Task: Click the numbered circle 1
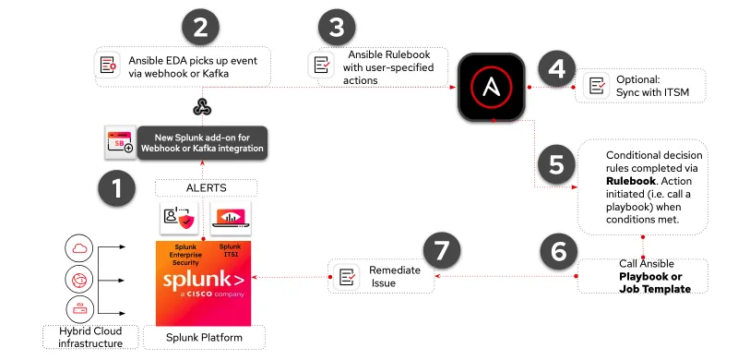coord(117,189)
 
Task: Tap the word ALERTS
coord(206,187)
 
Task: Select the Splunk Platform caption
coord(204,337)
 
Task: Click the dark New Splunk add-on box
coord(202,142)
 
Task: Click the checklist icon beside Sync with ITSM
coord(597,85)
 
